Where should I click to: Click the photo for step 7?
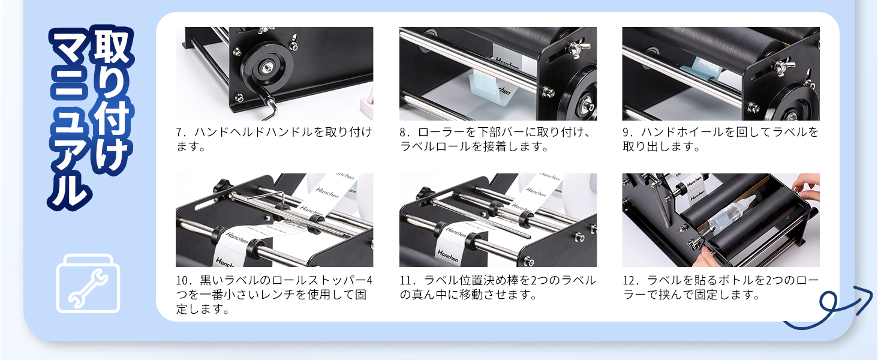tap(274, 73)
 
